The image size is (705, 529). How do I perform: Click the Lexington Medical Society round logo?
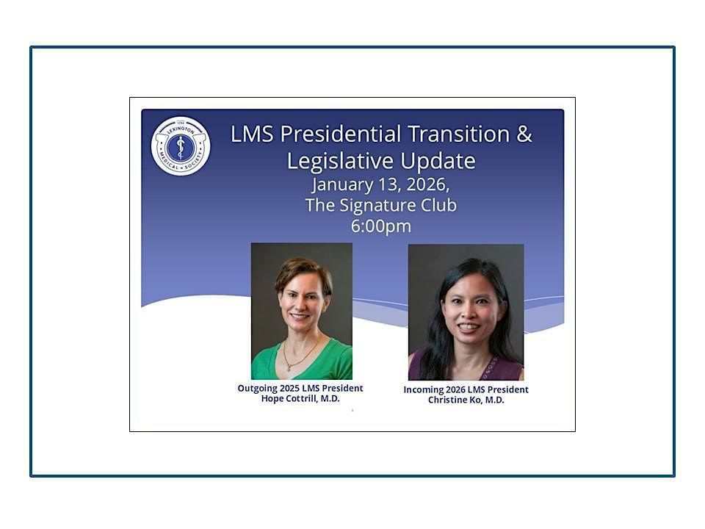(181, 146)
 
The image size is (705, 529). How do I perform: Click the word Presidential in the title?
(348, 134)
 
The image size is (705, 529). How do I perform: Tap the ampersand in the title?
(523, 134)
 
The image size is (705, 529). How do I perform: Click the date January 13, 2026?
(380, 184)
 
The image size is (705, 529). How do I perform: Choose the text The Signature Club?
(380, 205)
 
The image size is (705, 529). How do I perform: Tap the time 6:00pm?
(380, 226)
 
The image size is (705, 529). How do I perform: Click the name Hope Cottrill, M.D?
(300, 398)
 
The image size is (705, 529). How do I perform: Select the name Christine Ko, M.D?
(466, 400)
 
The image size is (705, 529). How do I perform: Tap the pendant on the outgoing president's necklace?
(291, 365)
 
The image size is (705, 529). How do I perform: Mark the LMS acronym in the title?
(252, 134)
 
